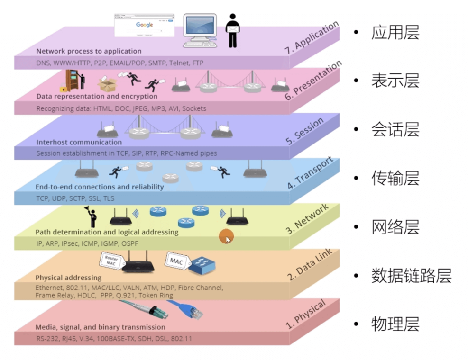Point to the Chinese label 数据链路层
coord(411,275)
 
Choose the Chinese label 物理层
coord(395,324)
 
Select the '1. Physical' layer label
coord(306,315)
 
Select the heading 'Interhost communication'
coord(79,142)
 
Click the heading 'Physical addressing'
coord(68,278)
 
